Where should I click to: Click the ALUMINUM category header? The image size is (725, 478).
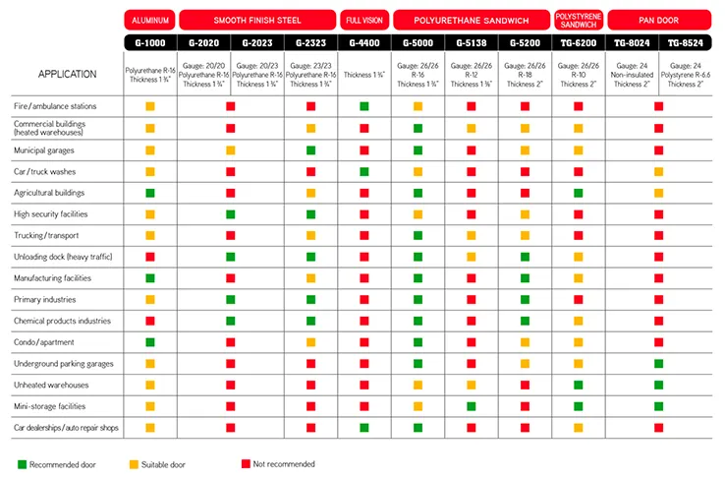tap(150, 20)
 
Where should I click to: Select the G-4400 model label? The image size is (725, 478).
tap(364, 44)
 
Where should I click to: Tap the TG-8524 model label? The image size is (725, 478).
tap(685, 44)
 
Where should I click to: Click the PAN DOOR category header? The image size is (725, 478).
tap(658, 20)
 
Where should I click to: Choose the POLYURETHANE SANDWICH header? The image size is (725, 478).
tap(471, 20)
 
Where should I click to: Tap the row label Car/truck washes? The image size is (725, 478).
tap(46, 170)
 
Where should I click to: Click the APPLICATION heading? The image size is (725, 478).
tap(67, 74)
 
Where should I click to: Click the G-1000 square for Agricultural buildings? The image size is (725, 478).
tap(150, 192)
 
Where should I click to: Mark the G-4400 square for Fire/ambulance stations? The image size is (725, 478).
tap(364, 105)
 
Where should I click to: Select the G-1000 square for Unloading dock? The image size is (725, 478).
tap(150, 256)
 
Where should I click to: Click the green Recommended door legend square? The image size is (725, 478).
tap(22, 463)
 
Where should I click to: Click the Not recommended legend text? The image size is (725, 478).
tap(285, 463)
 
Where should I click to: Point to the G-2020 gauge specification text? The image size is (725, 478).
tap(204, 74)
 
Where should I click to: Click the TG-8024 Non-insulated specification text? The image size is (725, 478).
tap(632, 74)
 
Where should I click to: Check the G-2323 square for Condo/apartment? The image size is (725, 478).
tap(311, 341)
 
